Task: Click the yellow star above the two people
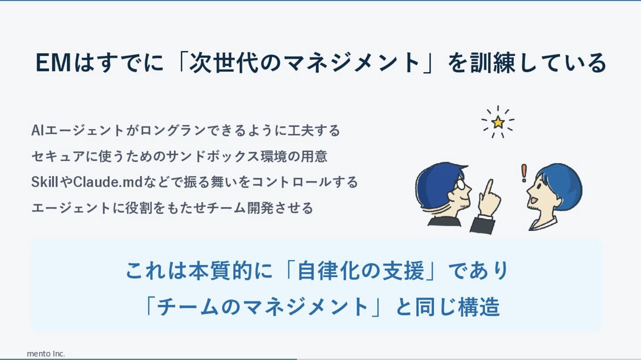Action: click(498, 123)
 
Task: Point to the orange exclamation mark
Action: click(524, 172)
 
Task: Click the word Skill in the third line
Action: click(45, 182)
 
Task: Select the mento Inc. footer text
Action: click(46, 354)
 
